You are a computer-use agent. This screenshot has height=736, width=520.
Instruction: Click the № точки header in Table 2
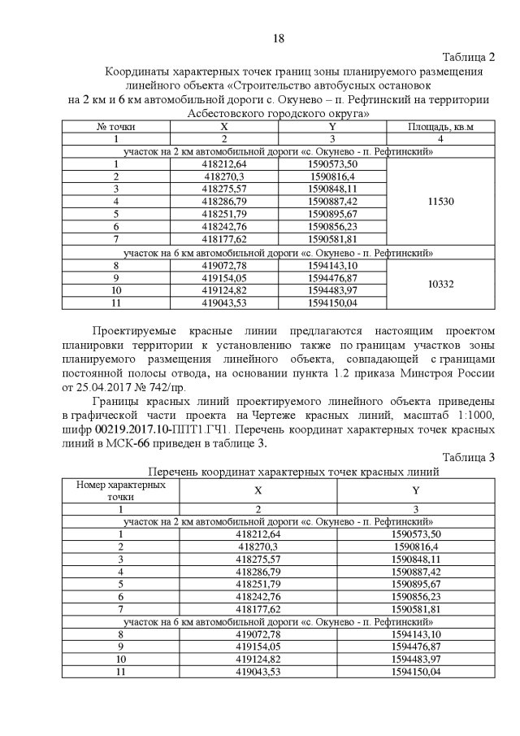[116, 127]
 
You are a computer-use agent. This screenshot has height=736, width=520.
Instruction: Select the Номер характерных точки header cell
[120, 490]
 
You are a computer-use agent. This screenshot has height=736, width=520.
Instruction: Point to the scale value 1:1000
[470, 416]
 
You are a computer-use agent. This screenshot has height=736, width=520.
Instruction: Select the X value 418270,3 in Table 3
[258, 547]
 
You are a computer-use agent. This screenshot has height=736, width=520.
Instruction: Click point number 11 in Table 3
[120, 673]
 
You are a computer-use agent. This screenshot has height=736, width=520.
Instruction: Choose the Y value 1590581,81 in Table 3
[415, 608]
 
